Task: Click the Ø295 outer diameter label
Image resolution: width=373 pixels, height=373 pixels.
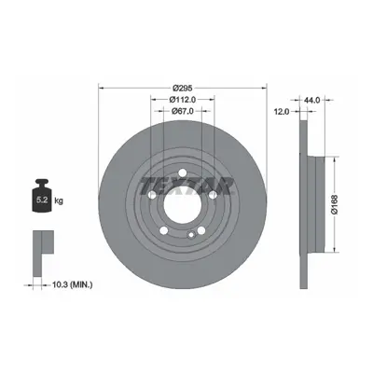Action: [x=183, y=89]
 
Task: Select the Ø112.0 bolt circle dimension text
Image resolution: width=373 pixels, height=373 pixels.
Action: [x=183, y=100]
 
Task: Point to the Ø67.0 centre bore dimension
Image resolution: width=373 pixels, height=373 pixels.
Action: [x=183, y=111]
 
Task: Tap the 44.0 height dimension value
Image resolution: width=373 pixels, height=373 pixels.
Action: [x=312, y=100]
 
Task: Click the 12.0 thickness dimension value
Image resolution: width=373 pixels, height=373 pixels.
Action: [x=283, y=111]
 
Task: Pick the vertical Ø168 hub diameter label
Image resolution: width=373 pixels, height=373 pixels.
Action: [x=335, y=204]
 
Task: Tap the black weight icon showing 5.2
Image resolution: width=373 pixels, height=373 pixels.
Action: [x=42, y=196]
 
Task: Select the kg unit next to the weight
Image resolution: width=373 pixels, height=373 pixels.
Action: [x=59, y=200]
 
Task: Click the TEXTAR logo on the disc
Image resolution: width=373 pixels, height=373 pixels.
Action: [x=186, y=186]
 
